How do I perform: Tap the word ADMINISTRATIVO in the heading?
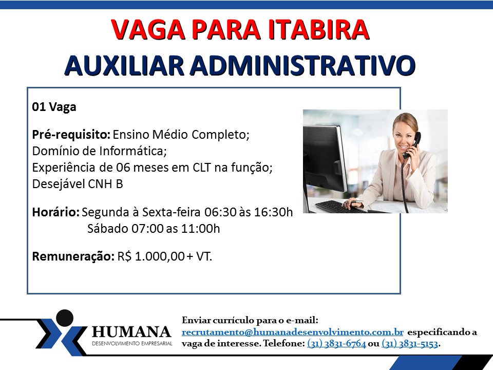[302, 65]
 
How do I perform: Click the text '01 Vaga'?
[54, 107]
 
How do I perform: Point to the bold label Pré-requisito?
[71, 135]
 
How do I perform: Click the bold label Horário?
[55, 212]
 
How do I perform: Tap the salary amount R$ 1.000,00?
[151, 256]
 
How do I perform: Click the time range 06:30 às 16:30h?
[249, 212]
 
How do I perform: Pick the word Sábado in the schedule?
[108, 228]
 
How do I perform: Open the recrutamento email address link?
[292, 332]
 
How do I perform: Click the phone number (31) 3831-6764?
[336, 343]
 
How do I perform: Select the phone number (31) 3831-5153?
[410, 343]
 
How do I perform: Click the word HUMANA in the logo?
[131, 332]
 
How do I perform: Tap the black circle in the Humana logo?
[65, 318]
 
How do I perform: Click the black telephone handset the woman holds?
[412, 145]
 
